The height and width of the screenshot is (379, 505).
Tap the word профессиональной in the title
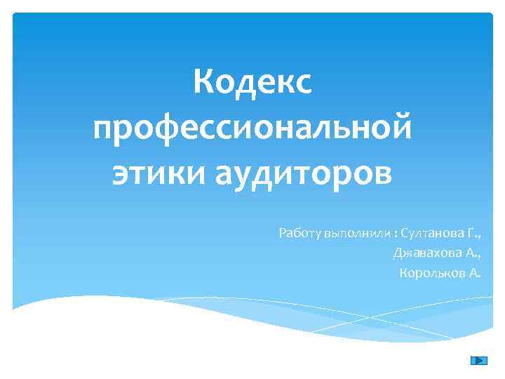pyautogui.click(x=252, y=129)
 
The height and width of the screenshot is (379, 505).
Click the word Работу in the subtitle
pyautogui.click(x=299, y=232)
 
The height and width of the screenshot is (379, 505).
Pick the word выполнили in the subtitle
pyautogui.click(x=349, y=232)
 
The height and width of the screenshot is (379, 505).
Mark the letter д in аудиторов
pyautogui.click(x=262, y=173)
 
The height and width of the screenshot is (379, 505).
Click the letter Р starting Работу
pyautogui.click(x=283, y=232)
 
